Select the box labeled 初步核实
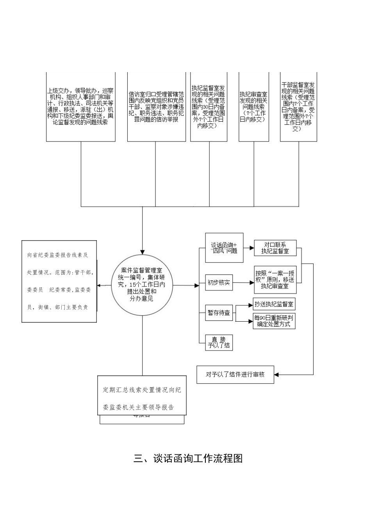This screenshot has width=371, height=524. [x=219, y=283]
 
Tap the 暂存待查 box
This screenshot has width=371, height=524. [x=219, y=313]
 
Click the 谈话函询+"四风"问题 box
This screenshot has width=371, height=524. [x=224, y=248]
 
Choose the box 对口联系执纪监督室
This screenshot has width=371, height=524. [x=275, y=248]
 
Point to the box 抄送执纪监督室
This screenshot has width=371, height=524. [x=274, y=304]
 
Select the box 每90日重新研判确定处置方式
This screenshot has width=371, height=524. [x=274, y=321]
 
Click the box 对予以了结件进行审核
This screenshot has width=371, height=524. [x=235, y=374]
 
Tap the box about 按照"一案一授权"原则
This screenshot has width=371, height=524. [x=275, y=279]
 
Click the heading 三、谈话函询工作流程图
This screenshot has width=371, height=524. [x=188, y=458]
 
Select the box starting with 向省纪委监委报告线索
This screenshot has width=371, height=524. [x=59, y=281]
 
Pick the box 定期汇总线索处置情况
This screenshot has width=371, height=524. [x=142, y=398]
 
